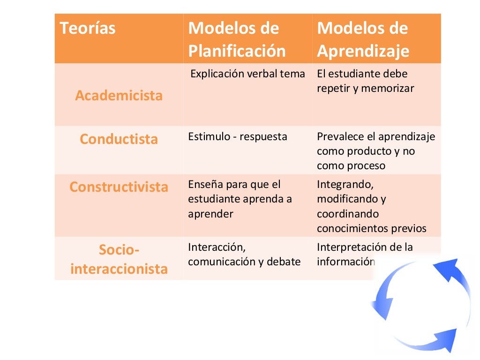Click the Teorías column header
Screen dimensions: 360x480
tap(88, 29)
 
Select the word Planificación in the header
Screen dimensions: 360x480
tap(237, 51)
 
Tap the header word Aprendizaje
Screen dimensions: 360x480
tap(363, 51)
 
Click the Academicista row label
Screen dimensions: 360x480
tap(119, 96)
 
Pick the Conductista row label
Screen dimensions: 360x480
tap(119, 139)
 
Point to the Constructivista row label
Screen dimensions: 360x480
tap(119, 187)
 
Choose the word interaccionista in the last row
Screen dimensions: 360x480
tap(119, 269)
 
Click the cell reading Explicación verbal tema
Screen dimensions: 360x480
tap(248, 74)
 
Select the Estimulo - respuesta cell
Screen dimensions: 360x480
tap(238, 137)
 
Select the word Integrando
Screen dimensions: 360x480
tap(345, 185)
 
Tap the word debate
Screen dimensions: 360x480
tap(284, 262)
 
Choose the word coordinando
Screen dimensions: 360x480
tap(347, 214)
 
